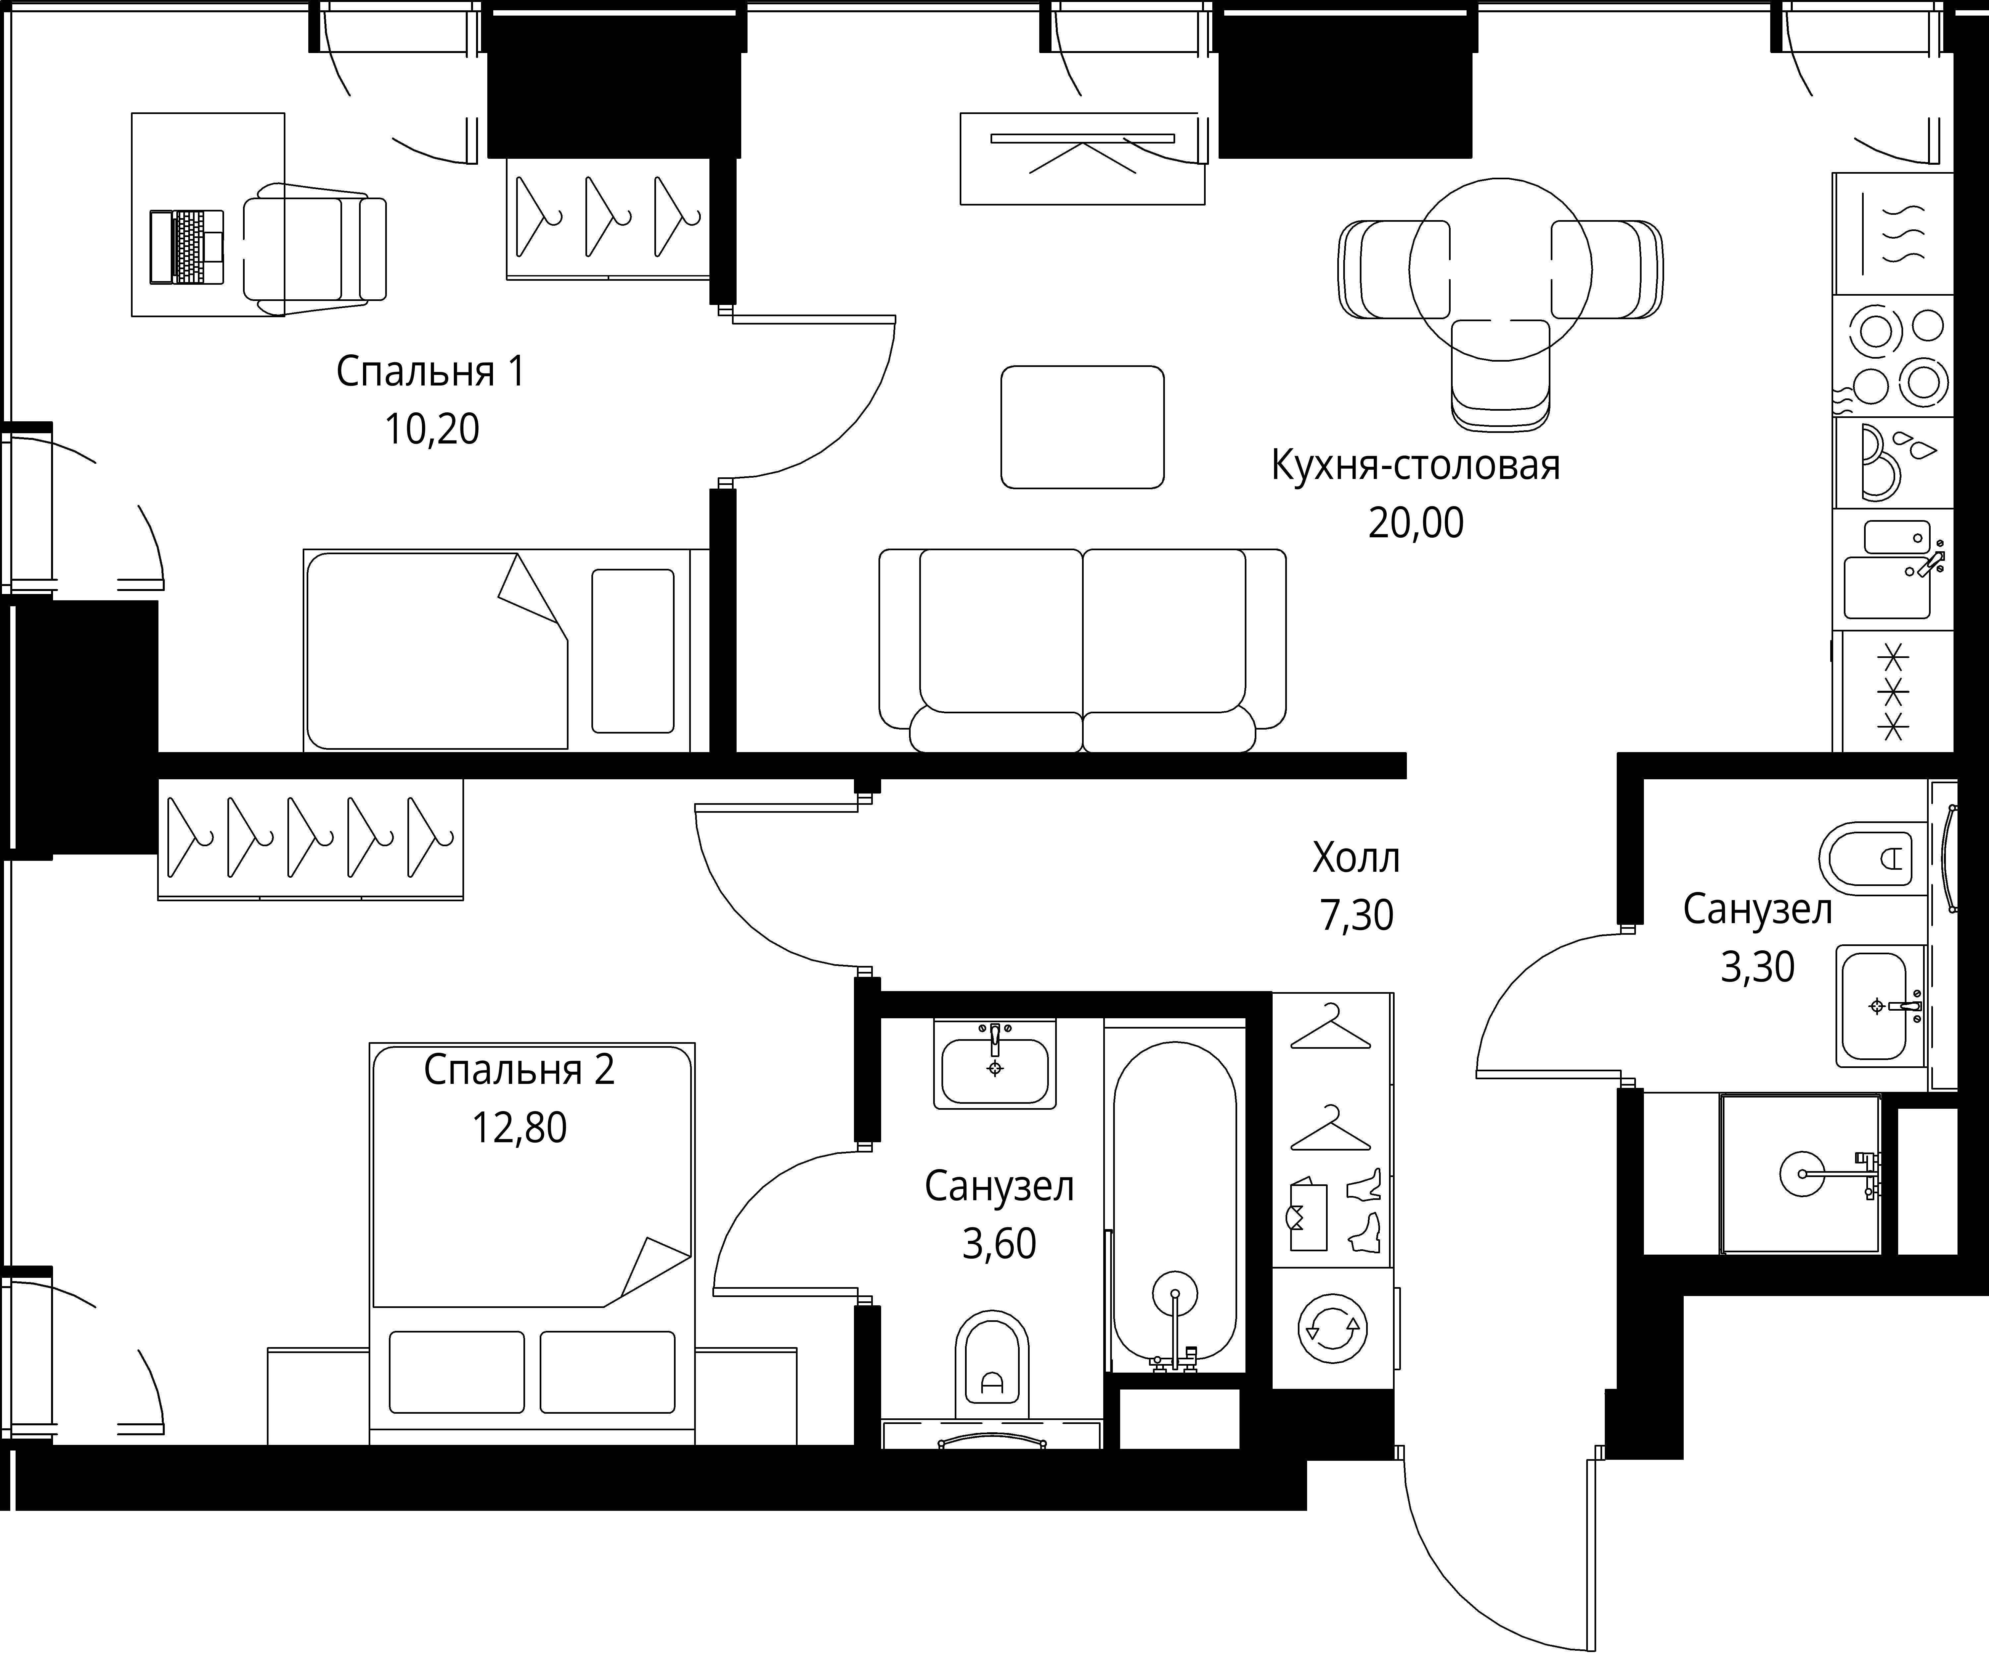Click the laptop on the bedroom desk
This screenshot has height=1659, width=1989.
(x=187, y=247)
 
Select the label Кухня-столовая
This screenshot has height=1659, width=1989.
(x=1415, y=466)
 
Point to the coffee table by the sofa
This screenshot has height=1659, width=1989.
(x=1083, y=427)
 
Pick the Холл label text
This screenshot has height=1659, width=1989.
(x=1356, y=858)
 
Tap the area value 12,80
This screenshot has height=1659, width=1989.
(x=519, y=1128)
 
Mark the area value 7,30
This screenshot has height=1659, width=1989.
(x=1356, y=916)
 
